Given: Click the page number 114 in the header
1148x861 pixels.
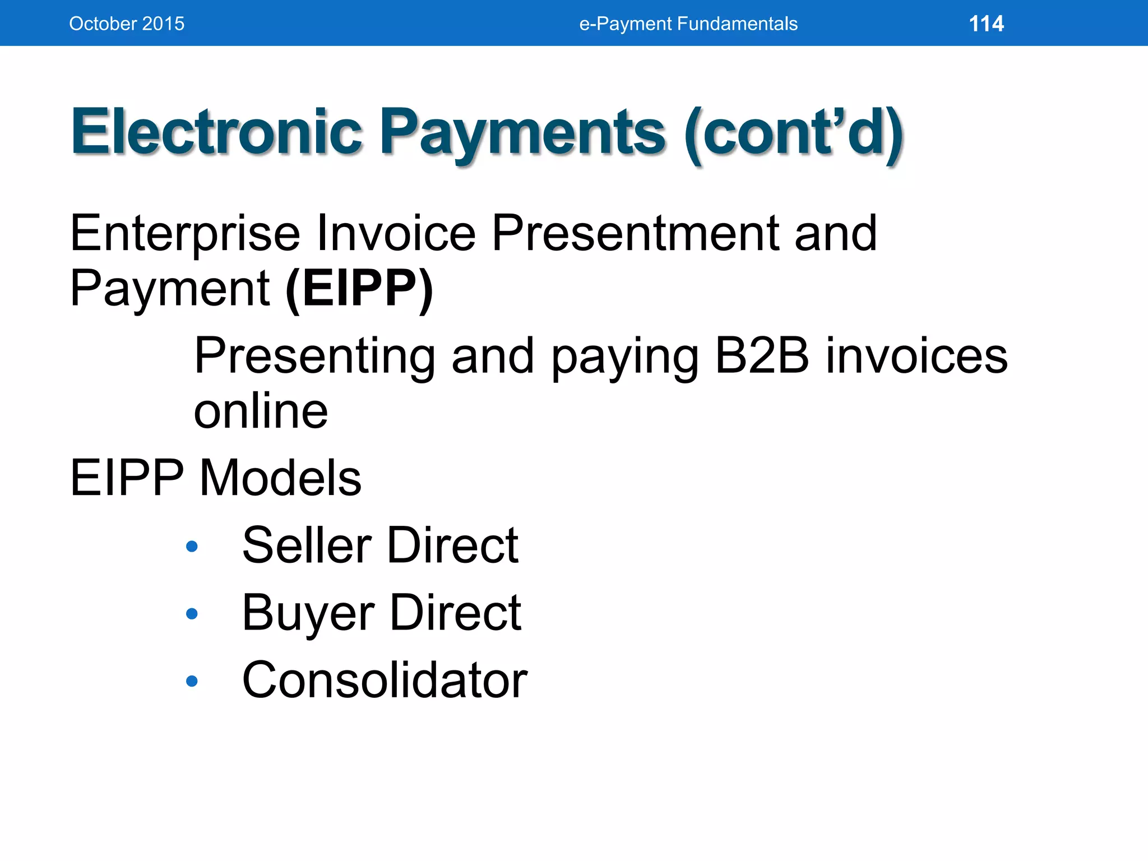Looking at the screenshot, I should coord(986,24).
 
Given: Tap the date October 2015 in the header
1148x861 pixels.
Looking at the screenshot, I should coord(127,24).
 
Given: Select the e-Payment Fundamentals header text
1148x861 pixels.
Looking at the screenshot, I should coord(688,24).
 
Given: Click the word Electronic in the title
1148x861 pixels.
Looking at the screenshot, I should coord(216,132).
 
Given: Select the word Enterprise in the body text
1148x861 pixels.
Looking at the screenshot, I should coord(185,234).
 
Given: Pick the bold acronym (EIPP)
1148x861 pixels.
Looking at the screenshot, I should coord(359,289).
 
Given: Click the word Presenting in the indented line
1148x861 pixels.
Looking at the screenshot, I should coord(314,357).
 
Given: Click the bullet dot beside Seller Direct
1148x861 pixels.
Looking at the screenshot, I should coord(192,546).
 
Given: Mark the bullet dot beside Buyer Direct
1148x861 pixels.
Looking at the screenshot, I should coord(192,614).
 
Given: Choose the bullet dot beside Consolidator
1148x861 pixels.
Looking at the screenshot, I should coord(192,681).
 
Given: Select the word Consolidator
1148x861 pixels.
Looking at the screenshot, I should coord(385,680).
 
